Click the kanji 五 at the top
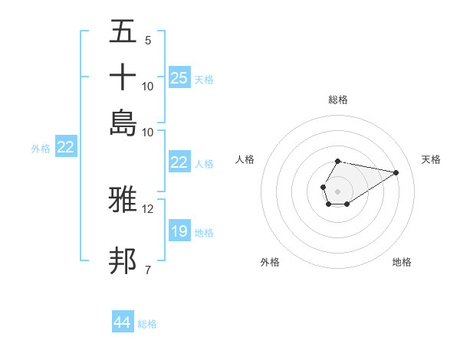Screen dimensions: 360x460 pos(123,31)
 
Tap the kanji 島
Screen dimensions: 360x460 pos(123,122)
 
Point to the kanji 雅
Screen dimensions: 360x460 pos(123,201)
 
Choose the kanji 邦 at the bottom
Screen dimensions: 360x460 pos(123,260)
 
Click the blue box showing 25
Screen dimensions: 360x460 pos(179,77)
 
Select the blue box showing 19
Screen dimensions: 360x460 pos(179,231)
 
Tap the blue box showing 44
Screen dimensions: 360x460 pos(123,322)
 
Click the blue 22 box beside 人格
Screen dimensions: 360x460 pos(179,162)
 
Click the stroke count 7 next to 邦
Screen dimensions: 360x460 pos(148,269)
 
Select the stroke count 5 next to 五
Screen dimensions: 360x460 pos(148,41)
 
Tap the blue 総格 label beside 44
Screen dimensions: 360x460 pos(147,324)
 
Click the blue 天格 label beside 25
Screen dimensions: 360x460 pos(204,79)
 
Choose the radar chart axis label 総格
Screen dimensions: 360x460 pos(337,100)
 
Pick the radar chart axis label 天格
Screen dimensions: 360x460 pos(431,159)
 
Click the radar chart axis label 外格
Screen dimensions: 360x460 pos(270,262)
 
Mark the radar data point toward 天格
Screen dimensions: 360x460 pos(396,172)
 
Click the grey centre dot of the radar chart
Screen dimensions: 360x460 pos(337,190)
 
